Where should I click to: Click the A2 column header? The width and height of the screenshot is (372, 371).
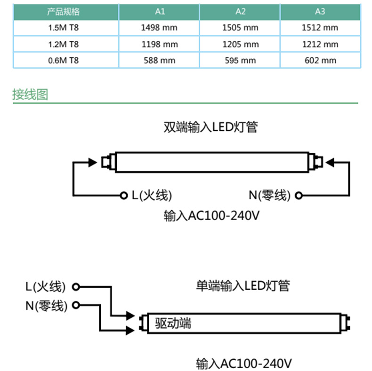240,11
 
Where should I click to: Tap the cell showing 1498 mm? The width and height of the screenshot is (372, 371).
159,27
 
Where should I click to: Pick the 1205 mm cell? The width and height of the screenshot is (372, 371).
240,44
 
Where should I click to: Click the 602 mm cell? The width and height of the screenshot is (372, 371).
320,60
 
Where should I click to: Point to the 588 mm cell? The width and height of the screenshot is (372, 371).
159,60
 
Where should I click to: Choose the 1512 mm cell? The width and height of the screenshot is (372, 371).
320,27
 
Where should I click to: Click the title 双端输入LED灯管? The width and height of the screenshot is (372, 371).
210,127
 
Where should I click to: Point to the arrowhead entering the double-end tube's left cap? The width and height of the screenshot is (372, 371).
96,163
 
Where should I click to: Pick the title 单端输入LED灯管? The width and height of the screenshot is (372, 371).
243,285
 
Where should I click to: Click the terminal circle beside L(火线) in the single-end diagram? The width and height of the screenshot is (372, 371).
75,286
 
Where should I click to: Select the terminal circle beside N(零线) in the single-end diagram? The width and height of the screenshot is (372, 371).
75,305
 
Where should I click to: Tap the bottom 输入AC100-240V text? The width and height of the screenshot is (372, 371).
244,363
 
